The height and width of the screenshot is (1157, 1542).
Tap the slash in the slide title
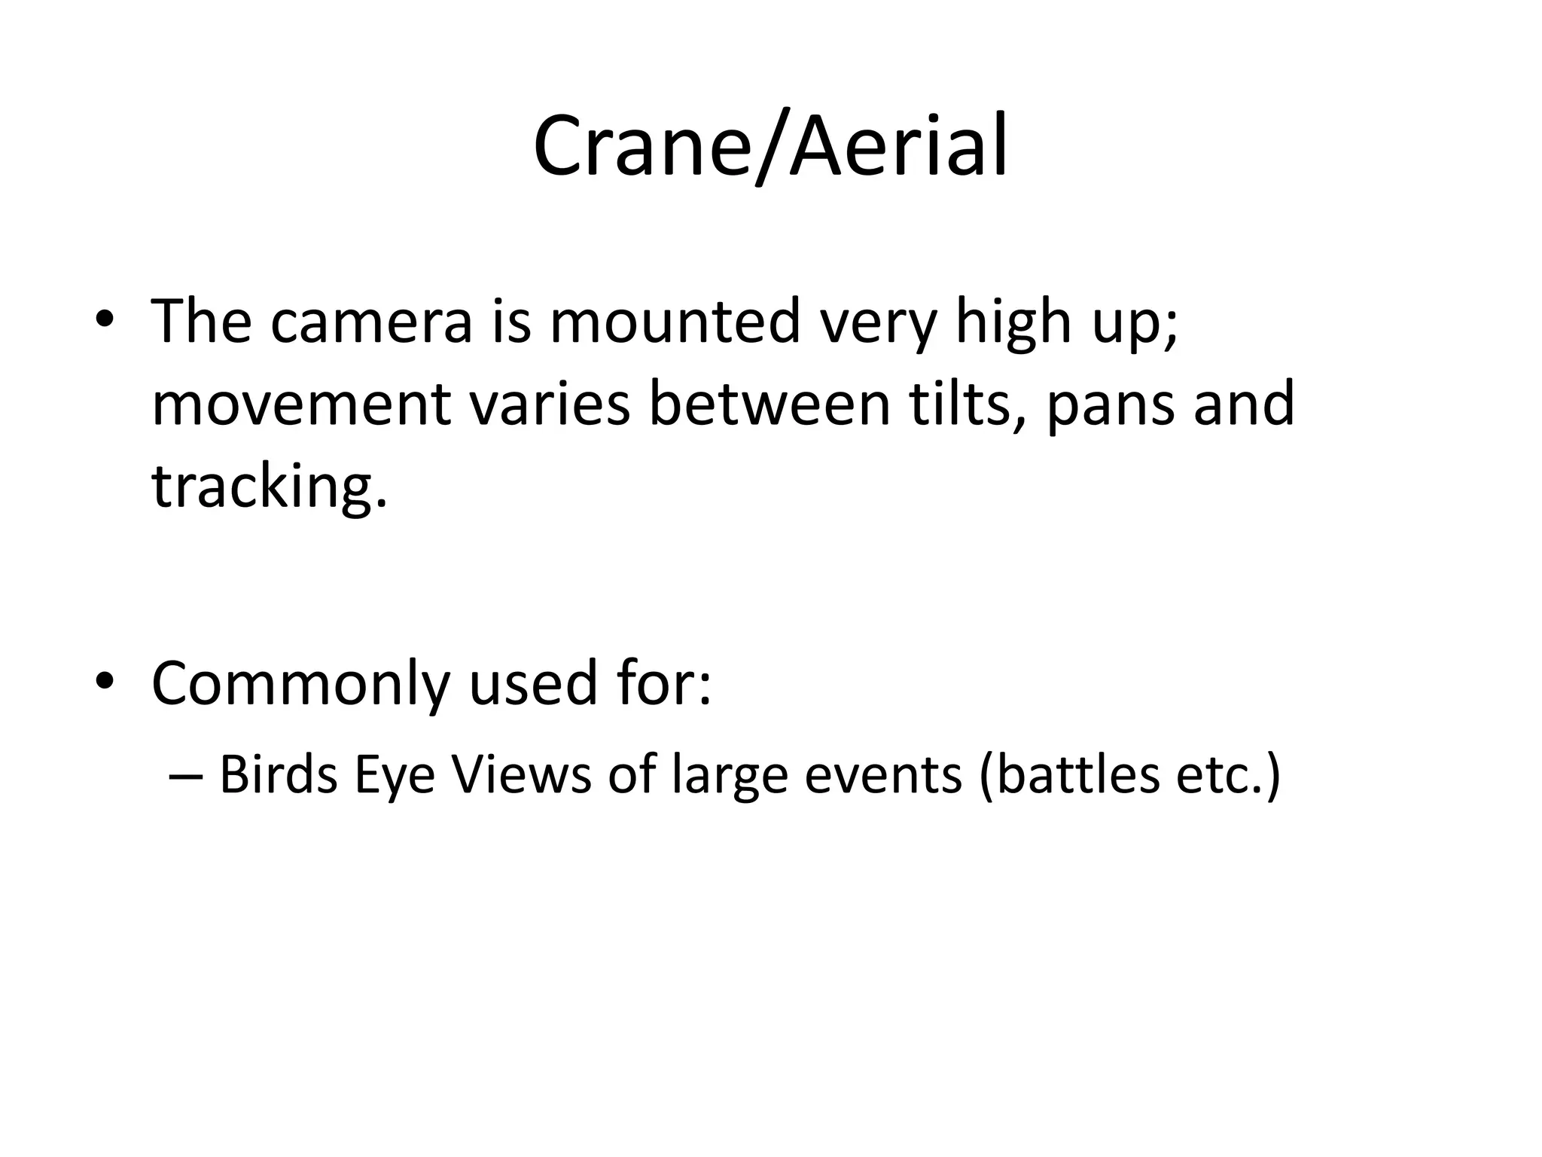771,147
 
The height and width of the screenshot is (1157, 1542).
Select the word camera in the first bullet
372,323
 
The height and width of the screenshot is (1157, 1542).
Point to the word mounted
675,322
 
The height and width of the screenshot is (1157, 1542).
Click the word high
1013,323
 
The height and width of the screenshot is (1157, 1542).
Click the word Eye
395,777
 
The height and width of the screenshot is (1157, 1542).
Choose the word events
882,775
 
